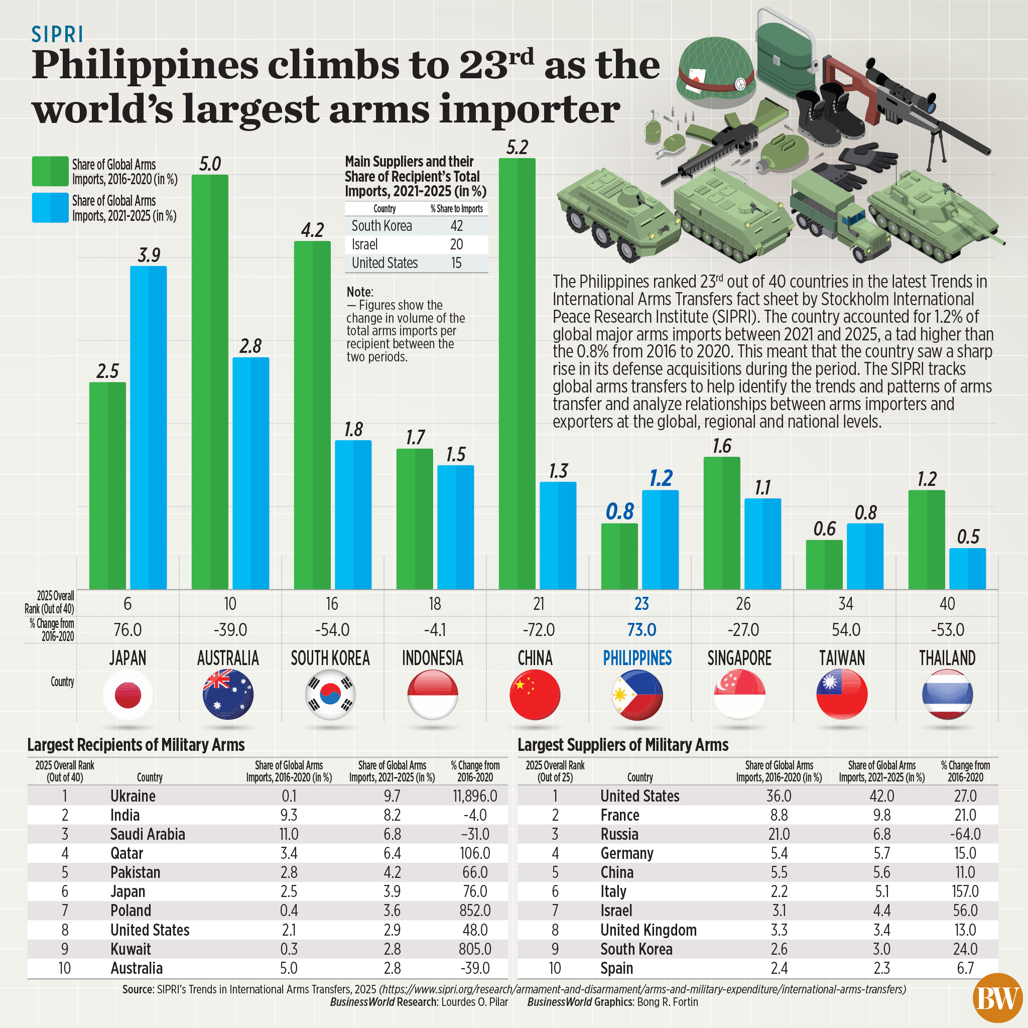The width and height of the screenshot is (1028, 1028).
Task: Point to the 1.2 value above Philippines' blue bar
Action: tap(661, 478)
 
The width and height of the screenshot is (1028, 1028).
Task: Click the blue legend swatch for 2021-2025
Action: tap(50, 207)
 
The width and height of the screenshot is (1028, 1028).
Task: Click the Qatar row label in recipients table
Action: tap(126, 853)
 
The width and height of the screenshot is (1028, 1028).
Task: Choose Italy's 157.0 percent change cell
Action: tap(965, 892)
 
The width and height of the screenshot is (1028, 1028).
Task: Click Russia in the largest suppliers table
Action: tap(619, 834)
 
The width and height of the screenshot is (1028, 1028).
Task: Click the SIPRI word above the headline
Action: tap(57, 35)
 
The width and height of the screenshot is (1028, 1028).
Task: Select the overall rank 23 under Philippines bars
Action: tap(641, 604)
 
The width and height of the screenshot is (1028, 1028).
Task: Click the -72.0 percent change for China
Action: tap(539, 630)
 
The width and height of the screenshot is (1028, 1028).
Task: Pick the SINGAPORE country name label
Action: tap(739, 658)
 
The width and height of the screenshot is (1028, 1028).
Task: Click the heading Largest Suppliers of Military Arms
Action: tap(622, 745)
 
